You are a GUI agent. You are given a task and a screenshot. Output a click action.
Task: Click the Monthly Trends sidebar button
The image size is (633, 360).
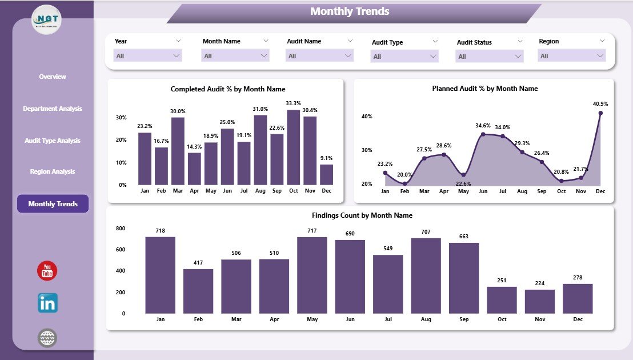point(53,204)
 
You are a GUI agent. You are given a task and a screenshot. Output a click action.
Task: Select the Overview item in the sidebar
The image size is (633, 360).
point(53,77)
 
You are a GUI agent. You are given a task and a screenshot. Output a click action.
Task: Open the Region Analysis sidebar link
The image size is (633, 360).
point(53,171)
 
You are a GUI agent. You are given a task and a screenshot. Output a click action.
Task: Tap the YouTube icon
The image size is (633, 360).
point(47,271)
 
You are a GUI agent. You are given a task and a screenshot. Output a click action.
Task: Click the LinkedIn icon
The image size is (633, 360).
point(47,303)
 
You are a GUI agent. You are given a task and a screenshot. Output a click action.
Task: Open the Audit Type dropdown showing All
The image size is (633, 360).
point(404,57)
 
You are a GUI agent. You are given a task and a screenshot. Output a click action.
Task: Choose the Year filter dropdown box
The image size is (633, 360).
point(148,56)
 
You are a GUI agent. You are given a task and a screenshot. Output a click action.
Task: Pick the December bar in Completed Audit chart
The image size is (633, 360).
point(326,174)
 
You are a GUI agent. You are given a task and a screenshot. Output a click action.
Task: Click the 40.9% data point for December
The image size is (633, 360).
point(600,113)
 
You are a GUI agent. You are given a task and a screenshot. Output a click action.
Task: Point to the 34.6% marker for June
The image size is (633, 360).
point(483,134)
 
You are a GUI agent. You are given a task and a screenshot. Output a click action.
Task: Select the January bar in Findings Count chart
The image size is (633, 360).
point(160,275)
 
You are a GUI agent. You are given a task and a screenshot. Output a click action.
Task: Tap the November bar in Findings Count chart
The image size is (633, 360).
point(539,301)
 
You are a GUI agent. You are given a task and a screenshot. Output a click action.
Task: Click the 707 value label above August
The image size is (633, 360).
point(426,231)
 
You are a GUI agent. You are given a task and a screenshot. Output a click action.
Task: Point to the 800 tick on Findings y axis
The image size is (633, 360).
point(121,229)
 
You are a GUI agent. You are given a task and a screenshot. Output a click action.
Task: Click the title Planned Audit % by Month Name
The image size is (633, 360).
point(484,89)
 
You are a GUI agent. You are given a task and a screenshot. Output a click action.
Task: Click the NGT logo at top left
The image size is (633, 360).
point(46,19)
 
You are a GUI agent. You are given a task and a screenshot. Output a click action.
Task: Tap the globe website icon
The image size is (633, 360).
point(47,338)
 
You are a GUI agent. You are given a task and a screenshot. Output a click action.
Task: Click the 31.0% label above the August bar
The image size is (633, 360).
point(260,109)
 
